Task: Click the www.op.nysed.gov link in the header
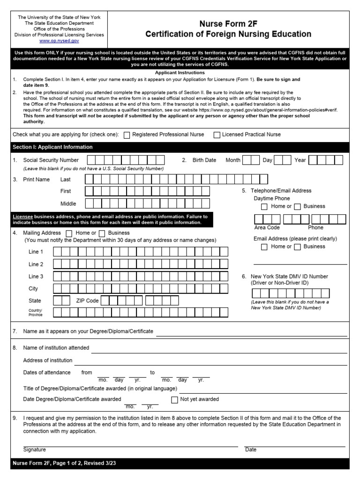(59, 41)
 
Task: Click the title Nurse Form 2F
(228, 23)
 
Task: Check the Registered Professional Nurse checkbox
(127, 135)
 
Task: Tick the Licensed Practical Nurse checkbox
(217, 135)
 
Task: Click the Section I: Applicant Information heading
(52, 147)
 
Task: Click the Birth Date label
(204, 160)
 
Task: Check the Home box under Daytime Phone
(264, 207)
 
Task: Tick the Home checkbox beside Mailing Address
(69, 233)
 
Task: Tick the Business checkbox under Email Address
(297, 247)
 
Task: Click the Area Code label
(267, 227)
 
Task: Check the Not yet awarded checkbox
(174, 400)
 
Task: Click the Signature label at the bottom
(35, 450)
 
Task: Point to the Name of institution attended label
(56, 348)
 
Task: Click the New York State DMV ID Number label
(289, 277)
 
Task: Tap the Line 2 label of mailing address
(36, 264)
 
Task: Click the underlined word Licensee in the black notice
(22, 217)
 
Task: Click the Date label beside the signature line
(251, 450)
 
